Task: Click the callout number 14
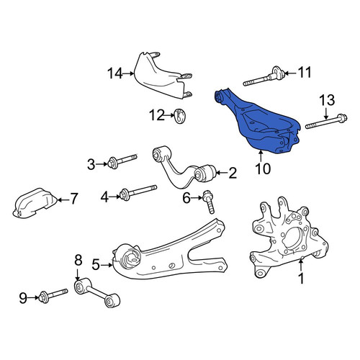tap(115, 73)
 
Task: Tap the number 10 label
tap(263, 168)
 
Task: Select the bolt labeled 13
tap(326, 122)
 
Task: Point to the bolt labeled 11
tap(264, 77)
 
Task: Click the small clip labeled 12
tap(181, 116)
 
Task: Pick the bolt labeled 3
tap(122, 161)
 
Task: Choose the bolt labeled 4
tap(138, 192)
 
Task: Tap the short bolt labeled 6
tap(208, 202)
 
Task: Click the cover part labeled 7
tap(35, 203)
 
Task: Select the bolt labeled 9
tap(53, 296)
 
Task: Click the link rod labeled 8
tap(97, 292)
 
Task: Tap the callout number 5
tap(96, 265)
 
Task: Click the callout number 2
tap(233, 173)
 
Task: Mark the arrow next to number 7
tap(63, 199)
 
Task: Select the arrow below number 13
tap(326, 114)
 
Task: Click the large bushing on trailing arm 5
tap(130, 257)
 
